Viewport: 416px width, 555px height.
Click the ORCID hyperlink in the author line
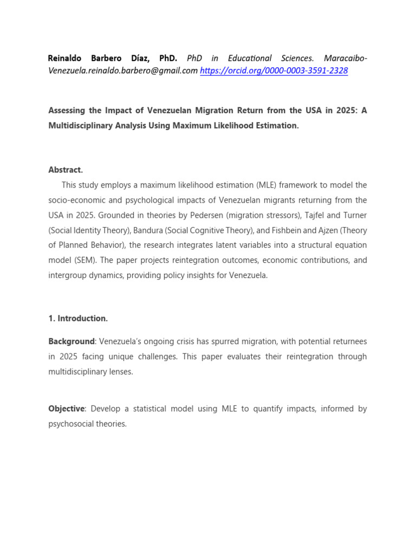coord(274,71)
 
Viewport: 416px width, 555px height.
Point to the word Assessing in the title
coord(67,111)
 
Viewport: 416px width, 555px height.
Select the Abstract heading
coord(66,170)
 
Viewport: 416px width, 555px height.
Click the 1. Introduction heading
coord(78,319)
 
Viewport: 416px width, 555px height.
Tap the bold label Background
coord(71,341)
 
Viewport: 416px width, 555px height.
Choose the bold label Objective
coord(66,409)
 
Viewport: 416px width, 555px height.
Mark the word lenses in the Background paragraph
coord(120,372)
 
